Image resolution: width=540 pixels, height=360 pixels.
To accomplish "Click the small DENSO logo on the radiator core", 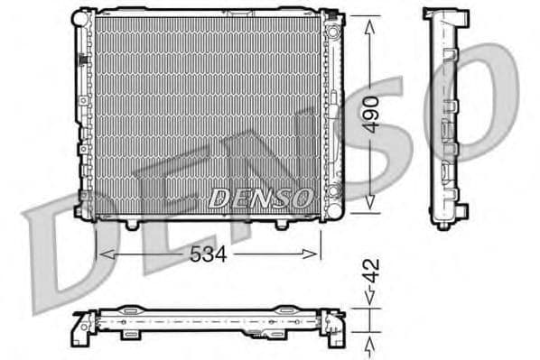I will (x=260, y=196).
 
